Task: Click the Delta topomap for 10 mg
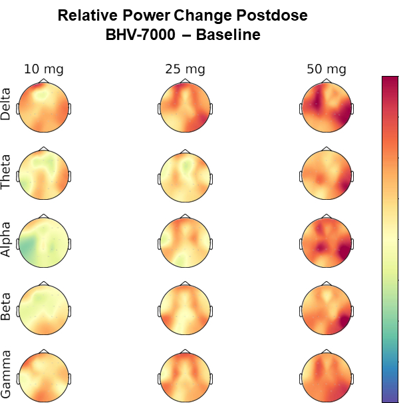[44, 107]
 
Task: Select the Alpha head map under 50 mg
[327, 242]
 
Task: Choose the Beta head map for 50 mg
[327, 309]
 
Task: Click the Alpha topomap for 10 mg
[44, 242]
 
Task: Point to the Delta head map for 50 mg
[327, 107]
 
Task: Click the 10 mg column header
[44, 69]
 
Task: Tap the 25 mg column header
[185, 69]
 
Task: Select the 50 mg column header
[327, 69]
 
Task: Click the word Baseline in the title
[225, 35]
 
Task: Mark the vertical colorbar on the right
[390, 239]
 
